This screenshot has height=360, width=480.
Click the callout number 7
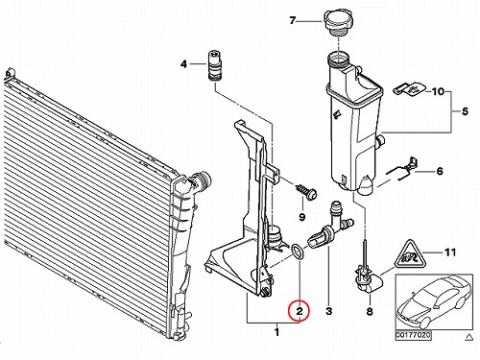coord(293,21)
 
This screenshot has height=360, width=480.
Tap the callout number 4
coord(183,64)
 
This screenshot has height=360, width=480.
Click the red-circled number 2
coord(299,311)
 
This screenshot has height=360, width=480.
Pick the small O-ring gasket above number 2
coord(298,251)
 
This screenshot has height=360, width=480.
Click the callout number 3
coord(329,310)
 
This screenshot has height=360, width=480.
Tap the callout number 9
coord(301,217)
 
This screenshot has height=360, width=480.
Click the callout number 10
coord(439,91)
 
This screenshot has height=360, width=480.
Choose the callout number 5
coord(465,111)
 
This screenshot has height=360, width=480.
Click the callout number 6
coord(440,171)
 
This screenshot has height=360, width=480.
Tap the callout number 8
coord(370,311)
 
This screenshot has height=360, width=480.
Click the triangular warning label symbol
coord(410,255)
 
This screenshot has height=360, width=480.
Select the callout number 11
coord(450,252)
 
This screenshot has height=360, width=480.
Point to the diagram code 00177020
coord(414,335)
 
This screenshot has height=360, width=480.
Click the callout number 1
coord(277,332)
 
